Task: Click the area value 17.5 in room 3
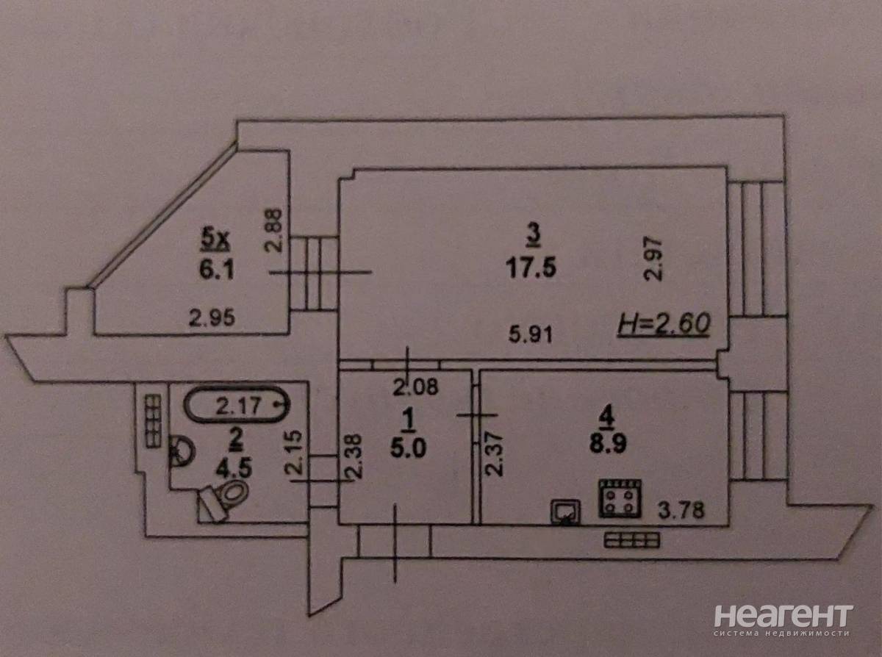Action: (x=531, y=268)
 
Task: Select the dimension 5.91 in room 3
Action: (x=531, y=334)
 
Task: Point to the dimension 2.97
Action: (x=653, y=259)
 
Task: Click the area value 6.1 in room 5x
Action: (x=217, y=271)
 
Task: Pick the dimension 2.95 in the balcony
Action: (x=212, y=318)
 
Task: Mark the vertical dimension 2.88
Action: (x=273, y=230)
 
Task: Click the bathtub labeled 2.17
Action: (x=237, y=405)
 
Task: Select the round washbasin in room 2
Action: (x=182, y=452)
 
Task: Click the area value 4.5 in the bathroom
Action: (x=234, y=470)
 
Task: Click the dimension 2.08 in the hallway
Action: (x=415, y=387)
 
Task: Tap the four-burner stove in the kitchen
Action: (x=621, y=498)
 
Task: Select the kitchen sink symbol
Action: (x=565, y=512)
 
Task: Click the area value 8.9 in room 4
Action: (x=608, y=444)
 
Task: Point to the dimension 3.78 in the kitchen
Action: (x=681, y=510)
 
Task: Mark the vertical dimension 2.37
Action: (x=495, y=454)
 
